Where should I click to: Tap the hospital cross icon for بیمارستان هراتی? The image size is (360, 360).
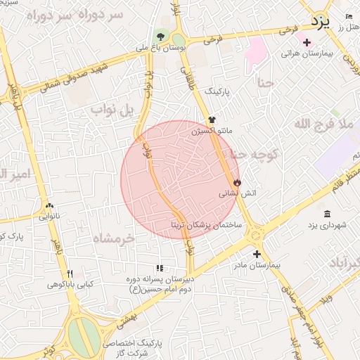coord(307,43)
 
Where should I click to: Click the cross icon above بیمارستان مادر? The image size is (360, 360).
coord(256,255)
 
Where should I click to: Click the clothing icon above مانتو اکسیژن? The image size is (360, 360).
coord(212,121)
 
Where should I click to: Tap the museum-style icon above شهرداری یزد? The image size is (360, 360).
coord(327,214)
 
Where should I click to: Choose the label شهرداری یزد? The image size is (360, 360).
coord(328,224)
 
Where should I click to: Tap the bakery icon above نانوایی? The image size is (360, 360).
coord(49,206)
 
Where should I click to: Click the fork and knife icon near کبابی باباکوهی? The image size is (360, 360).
coord(69,274)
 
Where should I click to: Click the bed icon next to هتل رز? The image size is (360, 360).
coord(350,16)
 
